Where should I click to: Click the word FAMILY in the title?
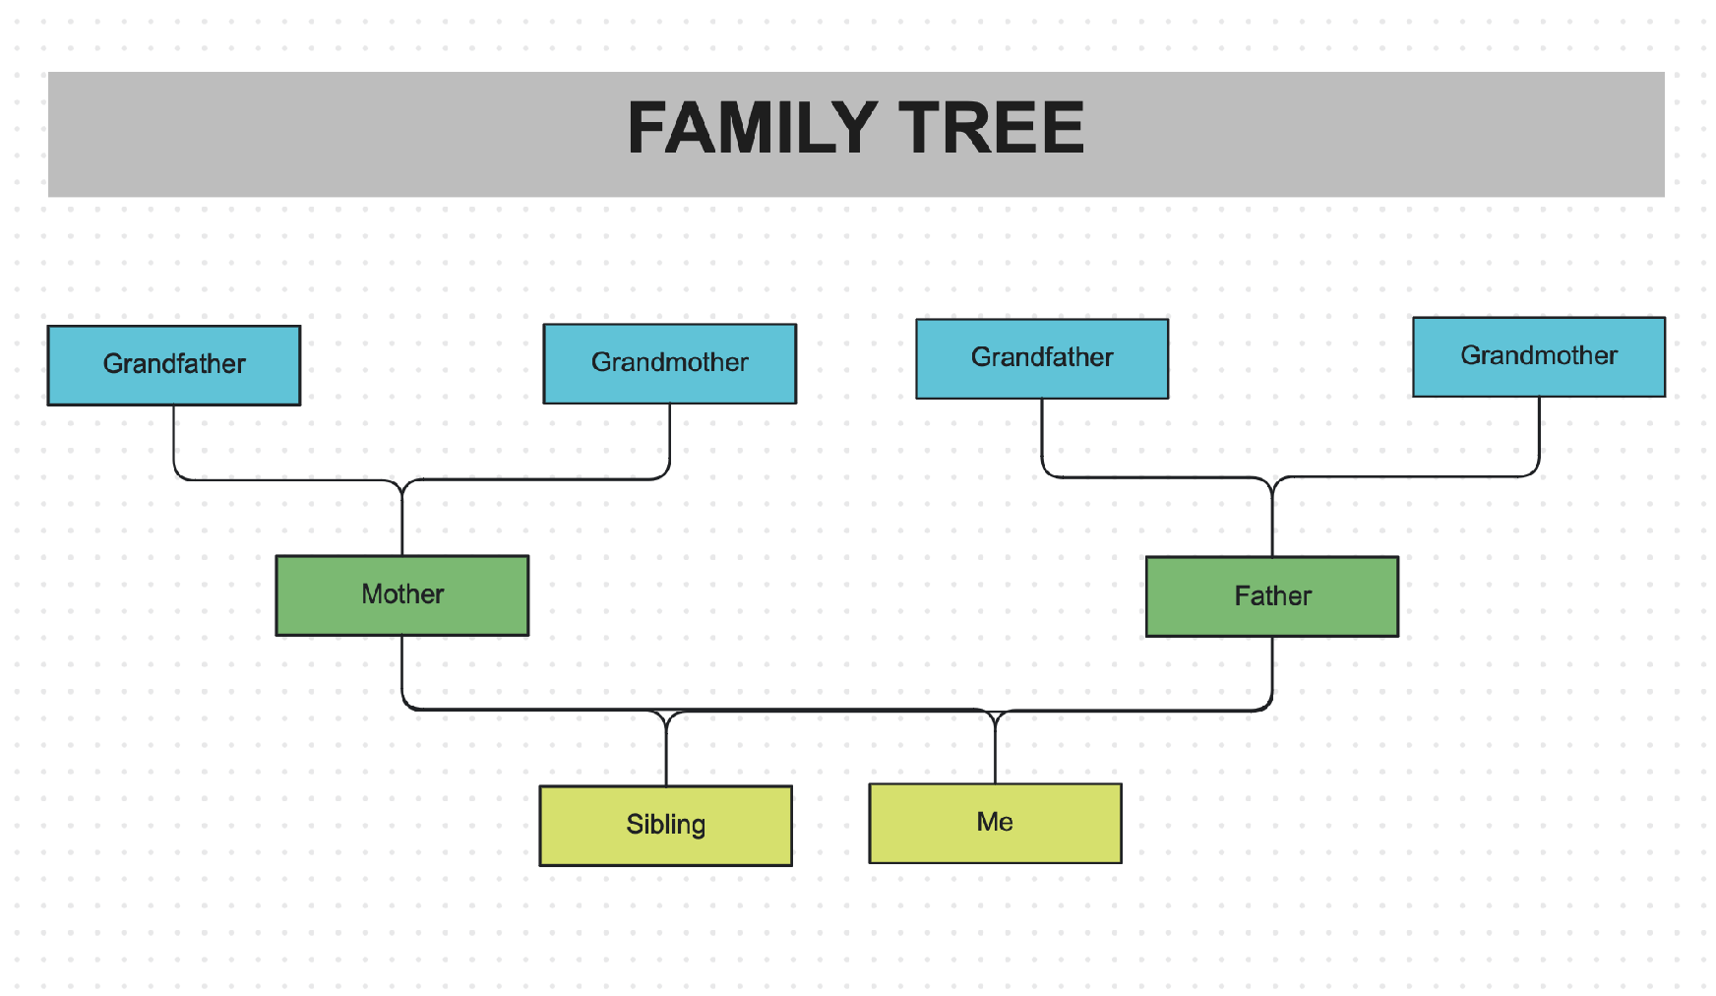point(752,129)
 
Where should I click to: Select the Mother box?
point(401,595)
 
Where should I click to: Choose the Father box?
point(1271,596)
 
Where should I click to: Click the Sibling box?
point(665,825)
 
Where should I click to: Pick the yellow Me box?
point(995,823)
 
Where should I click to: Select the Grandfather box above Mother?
point(174,365)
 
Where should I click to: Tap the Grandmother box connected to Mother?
point(669,363)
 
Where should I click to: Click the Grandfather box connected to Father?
point(1042,358)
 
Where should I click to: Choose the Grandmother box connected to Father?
point(1538,356)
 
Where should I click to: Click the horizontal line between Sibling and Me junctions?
point(831,710)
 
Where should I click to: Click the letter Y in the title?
point(854,129)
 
